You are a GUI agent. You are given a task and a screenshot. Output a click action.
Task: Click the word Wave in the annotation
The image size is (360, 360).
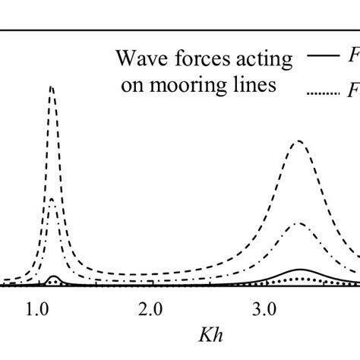134,57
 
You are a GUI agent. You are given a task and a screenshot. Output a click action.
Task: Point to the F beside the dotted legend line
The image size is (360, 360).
352,93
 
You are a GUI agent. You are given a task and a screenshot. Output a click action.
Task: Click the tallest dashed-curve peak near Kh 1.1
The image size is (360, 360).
52,87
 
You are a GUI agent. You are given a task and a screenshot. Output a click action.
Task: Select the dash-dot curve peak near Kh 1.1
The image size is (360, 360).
52,198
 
